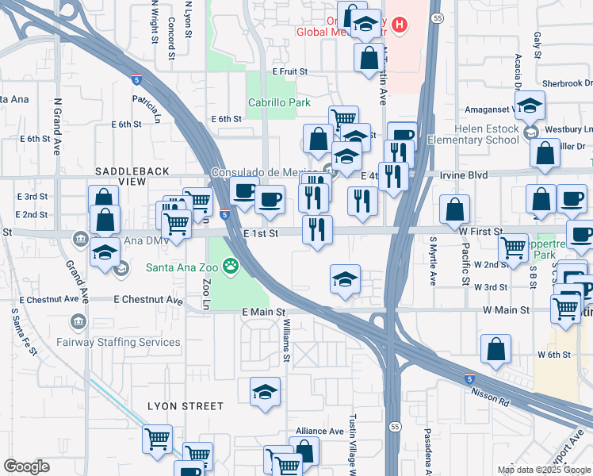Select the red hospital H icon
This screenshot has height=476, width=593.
click(x=400, y=25)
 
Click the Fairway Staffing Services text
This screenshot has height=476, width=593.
click(x=118, y=342)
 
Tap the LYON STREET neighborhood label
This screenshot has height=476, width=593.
click(x=186, y=406)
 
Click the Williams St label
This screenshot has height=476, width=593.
click(x=285, y=341)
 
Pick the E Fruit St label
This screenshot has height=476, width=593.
click(x=289, y=71)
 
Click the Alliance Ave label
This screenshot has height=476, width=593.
click(x=319, y=431)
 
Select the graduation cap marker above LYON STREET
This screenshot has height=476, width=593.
click(x=265, y=391)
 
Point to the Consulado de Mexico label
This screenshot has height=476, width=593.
click(x=266, y=173)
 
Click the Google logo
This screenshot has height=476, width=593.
click(x=27, y=466)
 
